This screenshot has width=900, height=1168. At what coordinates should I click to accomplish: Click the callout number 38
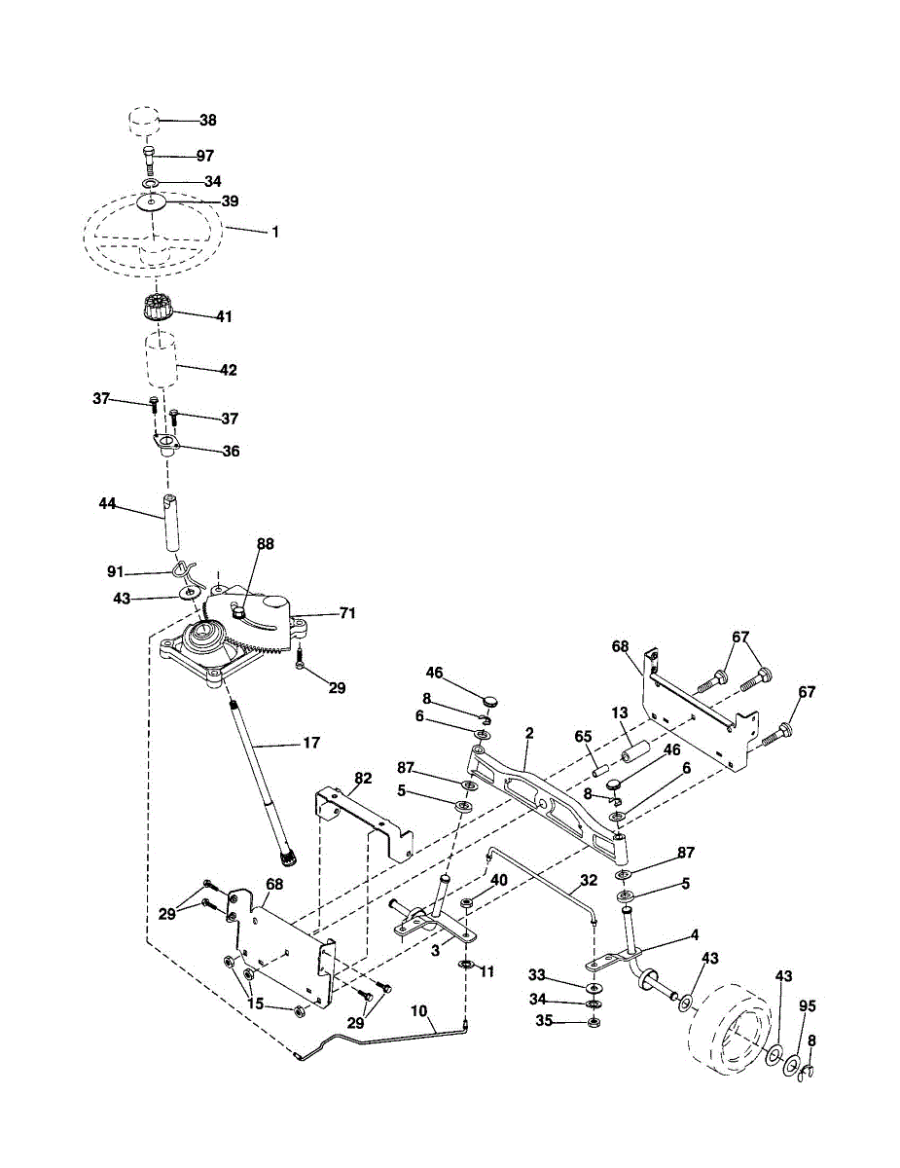208,121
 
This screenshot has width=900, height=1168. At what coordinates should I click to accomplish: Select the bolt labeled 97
148,160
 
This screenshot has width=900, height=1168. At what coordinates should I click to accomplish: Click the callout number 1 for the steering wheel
275,233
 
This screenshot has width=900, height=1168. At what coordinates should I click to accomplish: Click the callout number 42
229,370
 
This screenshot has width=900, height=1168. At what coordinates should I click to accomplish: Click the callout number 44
108,503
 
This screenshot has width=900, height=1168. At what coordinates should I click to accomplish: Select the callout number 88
266,544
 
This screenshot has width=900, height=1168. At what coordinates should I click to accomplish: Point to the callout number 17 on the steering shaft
311,744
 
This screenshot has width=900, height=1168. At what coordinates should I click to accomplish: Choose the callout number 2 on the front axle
527,731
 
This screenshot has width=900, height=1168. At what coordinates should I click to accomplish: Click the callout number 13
620,713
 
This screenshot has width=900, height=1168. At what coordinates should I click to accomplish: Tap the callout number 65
584,736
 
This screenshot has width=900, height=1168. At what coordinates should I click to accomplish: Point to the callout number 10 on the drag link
420,1011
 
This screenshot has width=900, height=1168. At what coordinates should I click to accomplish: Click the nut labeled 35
594,1021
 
